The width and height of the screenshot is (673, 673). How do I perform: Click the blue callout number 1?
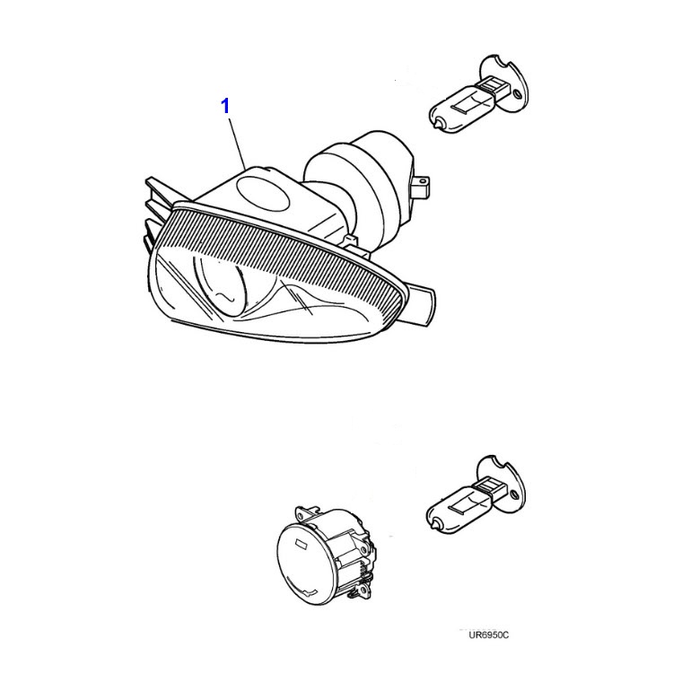[x=225, y=106]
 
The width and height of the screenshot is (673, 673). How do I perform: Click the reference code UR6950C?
[x=488, y=634]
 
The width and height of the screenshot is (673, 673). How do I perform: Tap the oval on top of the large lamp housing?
[x=263, y=195]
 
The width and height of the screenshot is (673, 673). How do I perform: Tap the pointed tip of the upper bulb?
[x=437, y=125]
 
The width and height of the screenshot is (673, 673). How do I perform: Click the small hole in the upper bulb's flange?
[x=517, y=93]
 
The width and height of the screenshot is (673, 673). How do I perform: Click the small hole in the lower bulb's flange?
[x=514, y=494]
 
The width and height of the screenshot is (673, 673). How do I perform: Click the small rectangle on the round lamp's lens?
[x=301, y=544]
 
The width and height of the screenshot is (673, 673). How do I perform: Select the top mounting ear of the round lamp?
[x=307, y=512]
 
